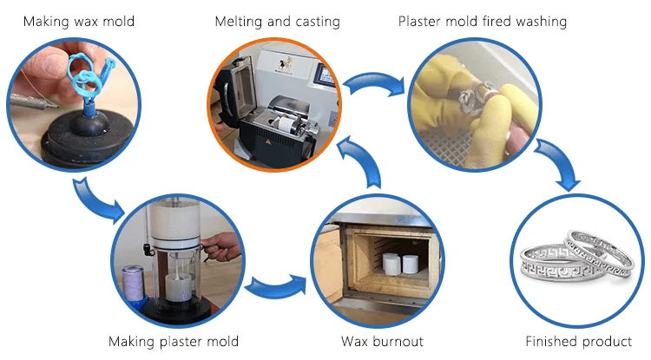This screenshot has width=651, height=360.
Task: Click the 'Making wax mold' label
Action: [x=79, y=21]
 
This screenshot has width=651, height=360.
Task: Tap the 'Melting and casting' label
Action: [x=278, y=21]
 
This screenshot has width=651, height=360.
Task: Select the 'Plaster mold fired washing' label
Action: [x=483, y=21]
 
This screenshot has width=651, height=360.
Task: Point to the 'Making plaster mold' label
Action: [x=174, y=341]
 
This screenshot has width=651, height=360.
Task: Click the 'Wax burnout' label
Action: [x=382, y=341]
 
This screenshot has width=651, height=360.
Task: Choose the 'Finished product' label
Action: [x=578, y=341]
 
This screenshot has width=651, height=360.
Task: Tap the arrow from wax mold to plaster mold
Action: [x=97, y=200]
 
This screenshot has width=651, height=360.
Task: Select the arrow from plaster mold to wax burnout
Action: [x=276, y=286]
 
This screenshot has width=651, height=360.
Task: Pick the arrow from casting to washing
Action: [x=373, y=82]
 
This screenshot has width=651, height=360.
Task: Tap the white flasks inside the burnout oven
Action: [x=400, y=265]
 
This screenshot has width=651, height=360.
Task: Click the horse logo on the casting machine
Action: [x=286, y=64]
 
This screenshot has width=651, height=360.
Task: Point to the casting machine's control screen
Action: [x=325, y=75]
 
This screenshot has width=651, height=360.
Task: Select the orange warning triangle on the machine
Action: [x=268, y=142]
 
